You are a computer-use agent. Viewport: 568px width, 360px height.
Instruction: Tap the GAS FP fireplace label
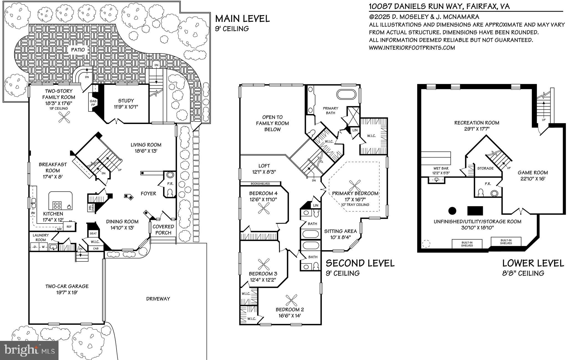(93, 103)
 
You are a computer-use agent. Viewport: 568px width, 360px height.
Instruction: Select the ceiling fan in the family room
(64, 118)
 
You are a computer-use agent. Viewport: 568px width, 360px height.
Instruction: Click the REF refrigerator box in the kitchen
(69, 227)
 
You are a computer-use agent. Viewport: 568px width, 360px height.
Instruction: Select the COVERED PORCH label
(163, 230)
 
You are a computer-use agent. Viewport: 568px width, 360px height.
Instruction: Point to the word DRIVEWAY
(158, 299)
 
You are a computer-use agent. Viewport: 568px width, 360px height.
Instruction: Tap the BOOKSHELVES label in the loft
(260, 184)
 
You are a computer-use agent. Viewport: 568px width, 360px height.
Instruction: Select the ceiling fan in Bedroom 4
(264, 208)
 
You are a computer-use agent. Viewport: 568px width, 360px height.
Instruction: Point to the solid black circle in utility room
(452, 211)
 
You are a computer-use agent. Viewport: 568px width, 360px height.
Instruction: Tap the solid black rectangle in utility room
(475, 211)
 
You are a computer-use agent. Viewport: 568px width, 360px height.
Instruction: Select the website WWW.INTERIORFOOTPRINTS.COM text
(412, 48)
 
